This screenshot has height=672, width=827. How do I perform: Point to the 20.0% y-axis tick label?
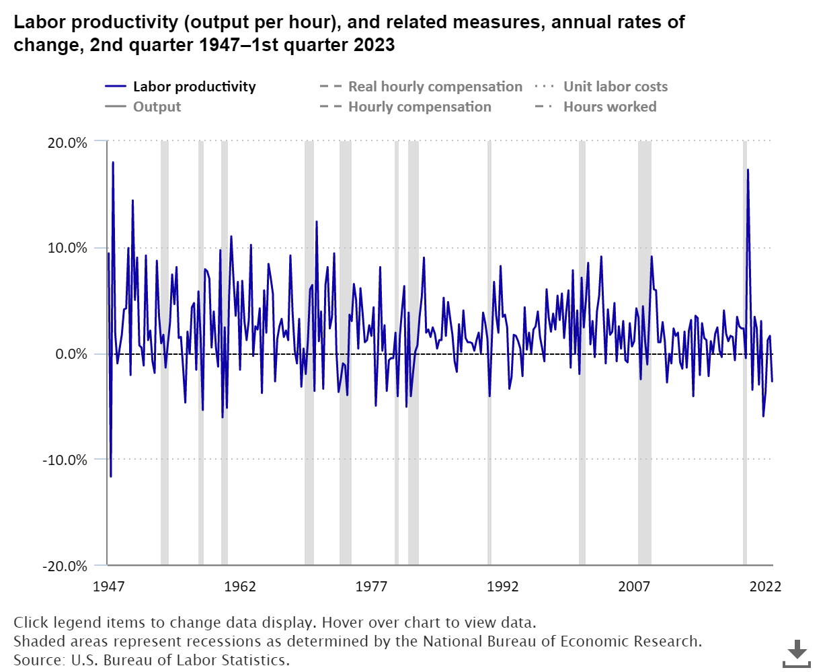[66, 142]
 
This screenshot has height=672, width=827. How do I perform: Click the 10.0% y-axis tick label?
[66, 248]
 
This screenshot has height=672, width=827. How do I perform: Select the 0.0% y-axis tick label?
[69, 354]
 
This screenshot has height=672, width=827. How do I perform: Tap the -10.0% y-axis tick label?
[64, 460]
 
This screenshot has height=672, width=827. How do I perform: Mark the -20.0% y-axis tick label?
[64, 566]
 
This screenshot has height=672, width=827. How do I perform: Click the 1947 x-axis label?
[108, 587]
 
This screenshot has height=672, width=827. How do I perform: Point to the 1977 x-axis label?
[371, 587]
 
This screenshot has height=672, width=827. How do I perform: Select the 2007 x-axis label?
[634, 587]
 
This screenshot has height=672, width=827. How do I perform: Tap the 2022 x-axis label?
[765, 587]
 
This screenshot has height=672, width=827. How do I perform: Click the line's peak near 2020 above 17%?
[748, 171]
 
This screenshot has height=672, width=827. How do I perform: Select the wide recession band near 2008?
[644, 353]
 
